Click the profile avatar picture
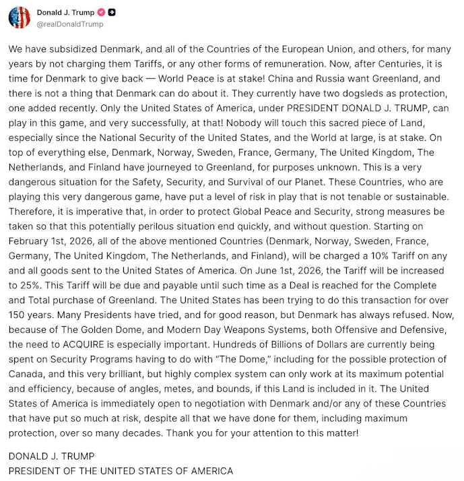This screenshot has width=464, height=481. pos(20,17)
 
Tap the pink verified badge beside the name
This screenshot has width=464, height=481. pos(101,12)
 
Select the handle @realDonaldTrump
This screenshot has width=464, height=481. pos(70,24)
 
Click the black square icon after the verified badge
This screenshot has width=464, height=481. pos(112,12)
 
